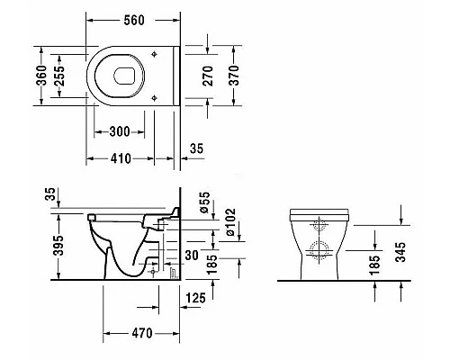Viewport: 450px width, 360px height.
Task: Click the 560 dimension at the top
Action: point(134,20)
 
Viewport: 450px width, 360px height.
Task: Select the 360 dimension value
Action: point(42,76)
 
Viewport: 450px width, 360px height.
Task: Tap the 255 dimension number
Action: point(59,76)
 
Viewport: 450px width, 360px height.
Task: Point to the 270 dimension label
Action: point(208,76)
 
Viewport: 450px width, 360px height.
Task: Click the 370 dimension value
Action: point(234,76)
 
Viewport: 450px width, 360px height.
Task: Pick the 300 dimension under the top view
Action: point(120,131)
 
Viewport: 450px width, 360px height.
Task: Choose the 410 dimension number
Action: point(121,158)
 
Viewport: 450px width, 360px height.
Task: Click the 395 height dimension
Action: point(58,246)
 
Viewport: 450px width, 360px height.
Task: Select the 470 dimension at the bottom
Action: point(142,333)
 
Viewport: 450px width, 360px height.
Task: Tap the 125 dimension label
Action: point(196,298)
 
